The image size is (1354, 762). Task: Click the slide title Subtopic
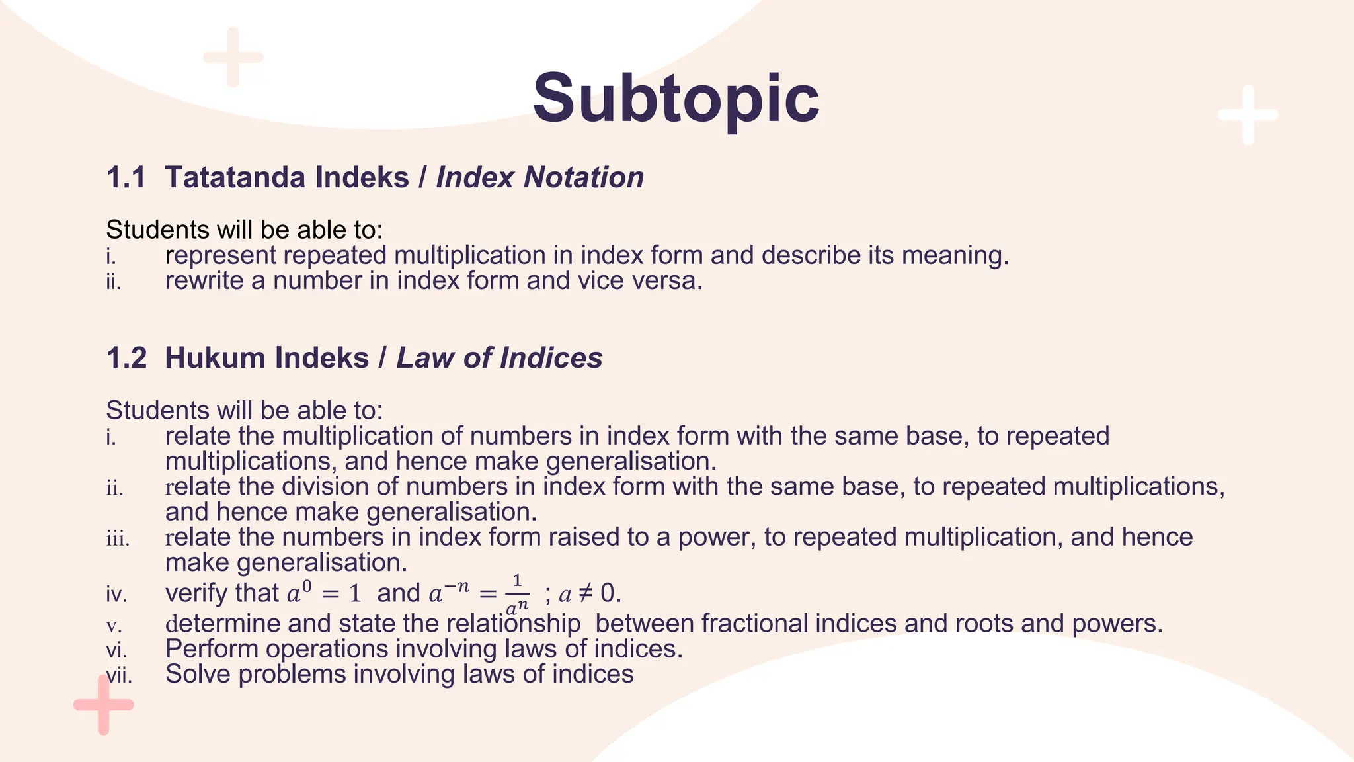click(676, 99)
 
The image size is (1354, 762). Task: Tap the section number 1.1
click(126, 177)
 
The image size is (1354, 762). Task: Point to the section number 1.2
click(126, 358)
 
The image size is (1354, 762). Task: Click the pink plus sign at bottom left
click(103, 704)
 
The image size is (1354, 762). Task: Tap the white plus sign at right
click(1248, 115)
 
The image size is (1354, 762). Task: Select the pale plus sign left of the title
click(233, 57)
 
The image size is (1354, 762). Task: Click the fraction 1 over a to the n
click(517, 593)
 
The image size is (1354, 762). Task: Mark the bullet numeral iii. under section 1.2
click(118, 538)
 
